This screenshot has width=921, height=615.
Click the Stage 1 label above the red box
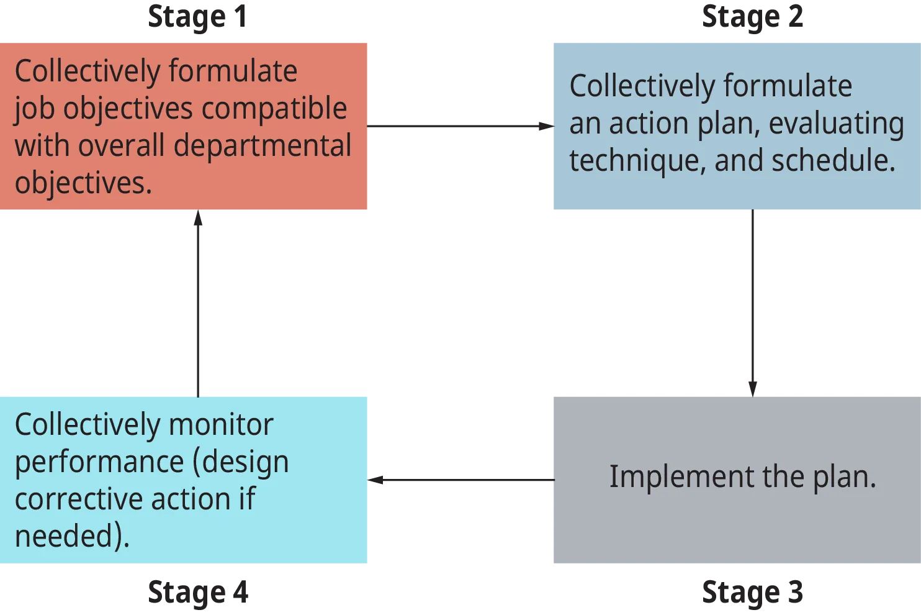click(x=199, y=17)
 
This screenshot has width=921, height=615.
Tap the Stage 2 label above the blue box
click(x=752, y=17)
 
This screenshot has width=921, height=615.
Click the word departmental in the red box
click(x=263, y=146)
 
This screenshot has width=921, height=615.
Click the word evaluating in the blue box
click(x=836, y=124)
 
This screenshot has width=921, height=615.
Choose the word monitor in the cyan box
click(x=221, y=425)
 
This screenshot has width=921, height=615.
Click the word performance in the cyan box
click(x=99, y=463)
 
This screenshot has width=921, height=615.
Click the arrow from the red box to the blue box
click(x=459, y=127)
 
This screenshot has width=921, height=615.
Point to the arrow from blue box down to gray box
click(x=752, y=302)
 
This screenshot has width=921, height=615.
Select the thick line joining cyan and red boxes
click(x=199, y=303)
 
